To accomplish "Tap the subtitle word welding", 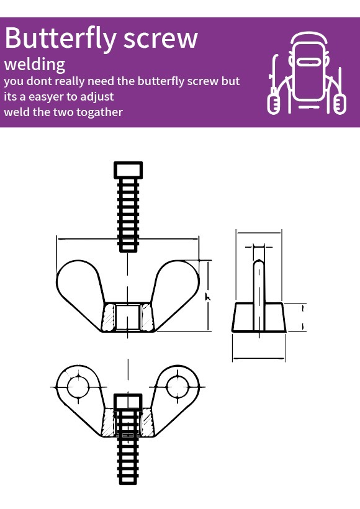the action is (x=35, y=65).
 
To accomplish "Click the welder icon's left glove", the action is (x=274, y=104).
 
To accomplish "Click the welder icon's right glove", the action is (x=340, y=104).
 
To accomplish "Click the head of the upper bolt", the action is (x=128, y=170).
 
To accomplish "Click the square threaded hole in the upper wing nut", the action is (x=128, y=317).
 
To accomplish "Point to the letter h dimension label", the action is (x=208, y=296).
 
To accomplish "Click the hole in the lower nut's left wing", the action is (x=78, y=387).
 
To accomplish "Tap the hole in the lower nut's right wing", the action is (x=178, y=387).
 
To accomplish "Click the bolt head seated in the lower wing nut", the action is (x=128, y=402).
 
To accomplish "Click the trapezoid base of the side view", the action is (x=259, y=317).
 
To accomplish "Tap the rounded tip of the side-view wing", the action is (x=259, y=262).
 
